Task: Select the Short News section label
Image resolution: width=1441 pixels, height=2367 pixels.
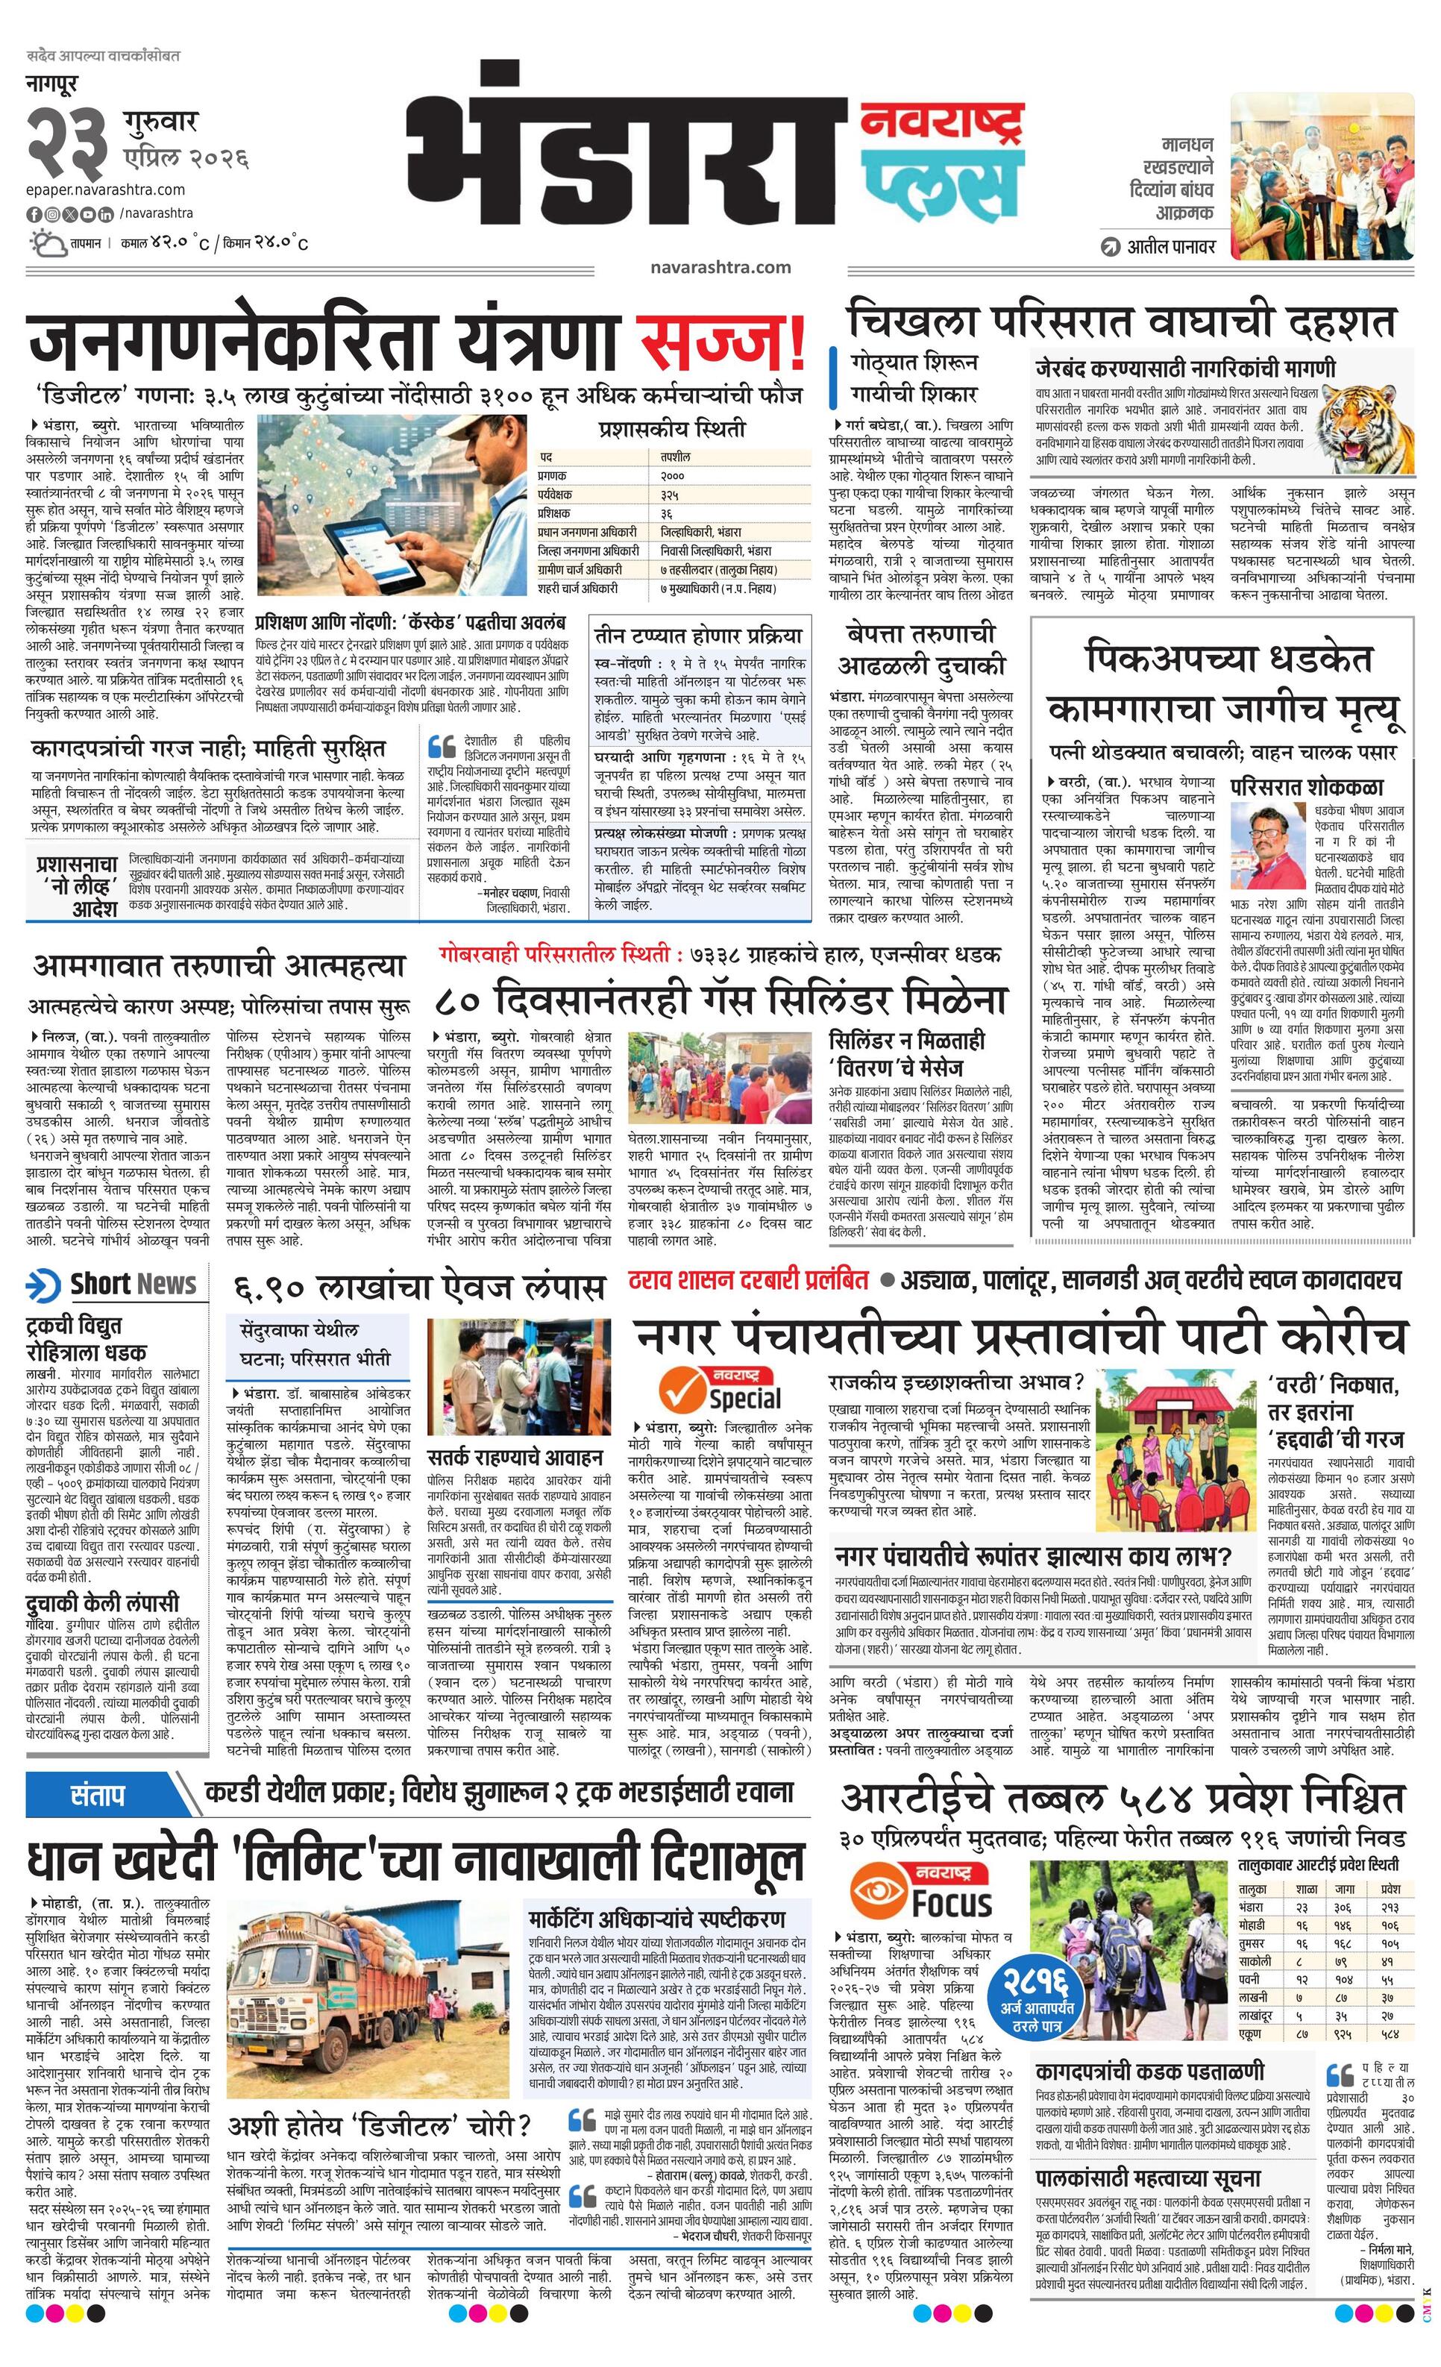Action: click(113, 1285)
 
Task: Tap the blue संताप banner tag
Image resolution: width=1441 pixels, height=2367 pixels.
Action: click(97, 1793)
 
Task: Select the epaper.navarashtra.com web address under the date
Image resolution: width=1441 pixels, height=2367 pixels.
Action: click(106, 189)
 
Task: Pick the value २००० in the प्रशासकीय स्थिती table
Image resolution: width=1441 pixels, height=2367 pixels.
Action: click(673, 475)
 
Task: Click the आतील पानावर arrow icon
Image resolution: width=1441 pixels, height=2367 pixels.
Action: click(1111, 246)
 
